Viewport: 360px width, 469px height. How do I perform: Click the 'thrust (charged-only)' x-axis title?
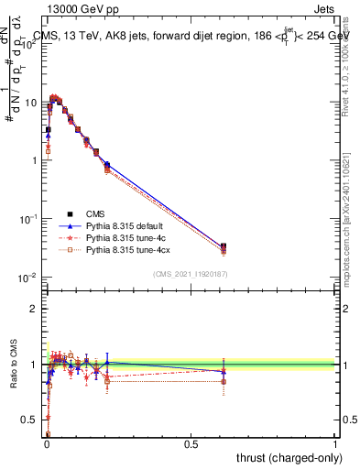tap(285, 457)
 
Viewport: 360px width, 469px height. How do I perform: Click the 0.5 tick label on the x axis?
tap(191, 442)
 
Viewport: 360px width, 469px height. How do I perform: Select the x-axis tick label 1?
tap(335, 442)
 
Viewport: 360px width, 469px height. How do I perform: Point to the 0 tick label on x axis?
tap(47, 442)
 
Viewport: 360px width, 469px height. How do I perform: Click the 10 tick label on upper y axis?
tap(30, 103)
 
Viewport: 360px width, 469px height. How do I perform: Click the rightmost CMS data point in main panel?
tap(224, 246)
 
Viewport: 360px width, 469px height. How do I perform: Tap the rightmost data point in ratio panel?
tap(224, 372)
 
